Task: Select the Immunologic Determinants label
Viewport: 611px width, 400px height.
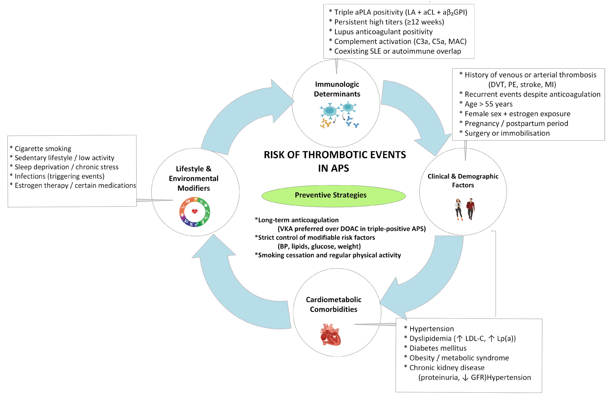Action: point(337,89)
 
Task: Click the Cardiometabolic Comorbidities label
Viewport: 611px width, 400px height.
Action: point(333,304)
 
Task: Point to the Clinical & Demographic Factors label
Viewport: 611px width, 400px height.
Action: point(463,181)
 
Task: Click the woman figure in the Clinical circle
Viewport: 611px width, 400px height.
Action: point(458,209)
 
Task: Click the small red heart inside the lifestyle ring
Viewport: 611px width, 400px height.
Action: point(195,211)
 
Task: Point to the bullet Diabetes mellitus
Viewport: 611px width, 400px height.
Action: point(438,348)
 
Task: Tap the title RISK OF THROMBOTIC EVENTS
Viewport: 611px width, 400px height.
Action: point(335,155)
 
